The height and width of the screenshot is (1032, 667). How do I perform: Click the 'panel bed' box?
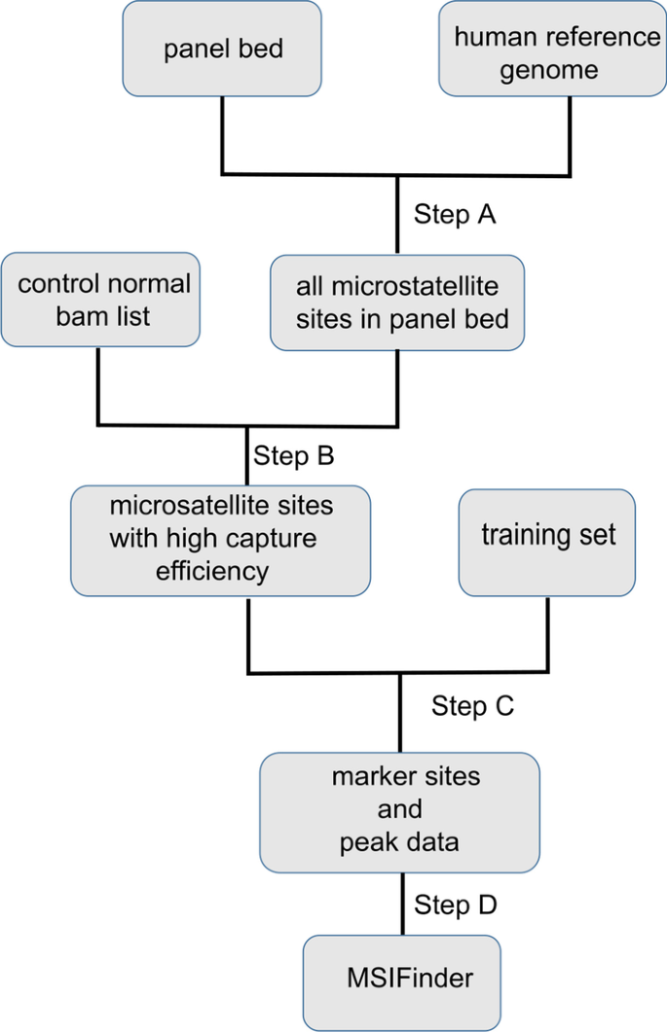[222, 48]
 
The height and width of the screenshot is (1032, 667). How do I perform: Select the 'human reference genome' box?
[550, 48]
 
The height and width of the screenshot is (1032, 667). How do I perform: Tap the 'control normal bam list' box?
[100, 299]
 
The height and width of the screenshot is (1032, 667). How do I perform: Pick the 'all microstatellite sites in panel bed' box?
[396, 302]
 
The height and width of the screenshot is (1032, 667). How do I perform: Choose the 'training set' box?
[547, 542]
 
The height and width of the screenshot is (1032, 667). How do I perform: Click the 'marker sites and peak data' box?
[399, 811]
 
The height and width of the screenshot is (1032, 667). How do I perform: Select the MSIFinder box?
[403, 977]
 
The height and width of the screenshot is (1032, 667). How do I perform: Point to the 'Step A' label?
[455, 214]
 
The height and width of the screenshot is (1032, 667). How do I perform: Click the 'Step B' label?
[294, 455]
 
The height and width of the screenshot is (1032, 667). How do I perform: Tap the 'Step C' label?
[472, 706]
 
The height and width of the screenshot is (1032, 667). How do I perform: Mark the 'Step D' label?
[456, 905]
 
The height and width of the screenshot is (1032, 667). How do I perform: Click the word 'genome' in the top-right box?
[549, 71]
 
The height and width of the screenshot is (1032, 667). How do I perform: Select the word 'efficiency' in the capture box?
[212, 571]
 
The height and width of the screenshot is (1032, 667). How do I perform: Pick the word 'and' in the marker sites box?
[399, 809]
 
